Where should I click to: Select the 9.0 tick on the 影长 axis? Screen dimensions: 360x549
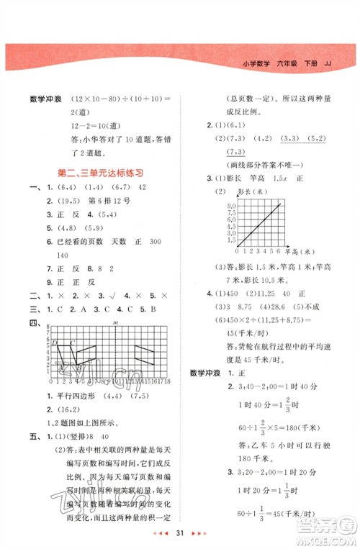(232, 207)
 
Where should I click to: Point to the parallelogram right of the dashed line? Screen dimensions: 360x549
(144, 354)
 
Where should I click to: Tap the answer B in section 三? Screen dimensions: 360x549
(153, 309)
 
